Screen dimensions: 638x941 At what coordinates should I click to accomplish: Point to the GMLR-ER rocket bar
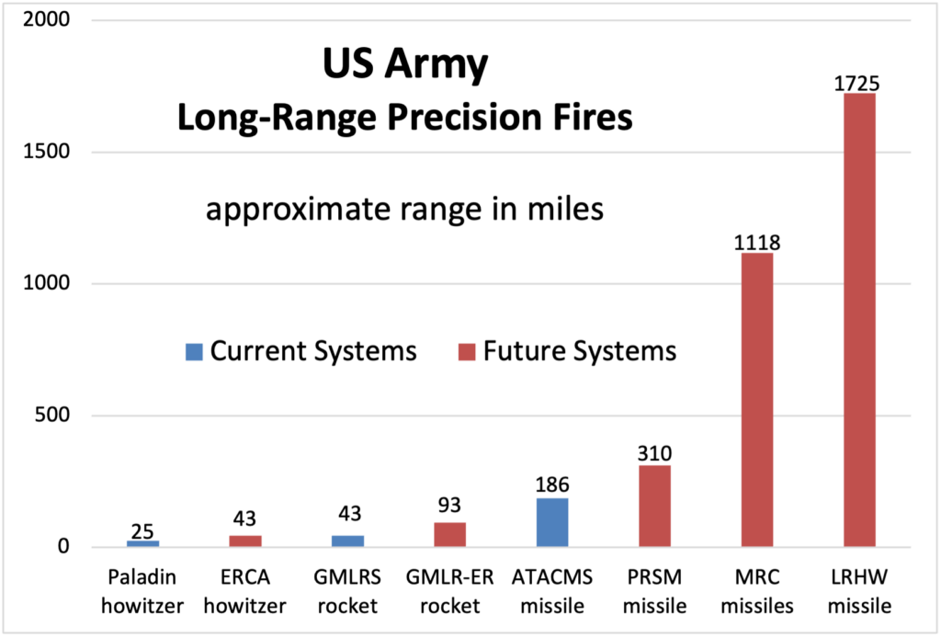(x=449, y=534)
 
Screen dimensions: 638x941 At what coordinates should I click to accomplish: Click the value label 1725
(x=856, y=84)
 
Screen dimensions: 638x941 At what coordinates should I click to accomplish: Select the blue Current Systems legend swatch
(x=193, y=351)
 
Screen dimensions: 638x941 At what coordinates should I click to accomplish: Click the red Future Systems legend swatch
(x=467, y=351)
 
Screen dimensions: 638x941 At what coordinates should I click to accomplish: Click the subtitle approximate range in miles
(x=404, y=210)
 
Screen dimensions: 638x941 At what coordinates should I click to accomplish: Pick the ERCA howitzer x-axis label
(x=244, y=591)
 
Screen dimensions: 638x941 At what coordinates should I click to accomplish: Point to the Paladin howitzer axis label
(x=143, y=591)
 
